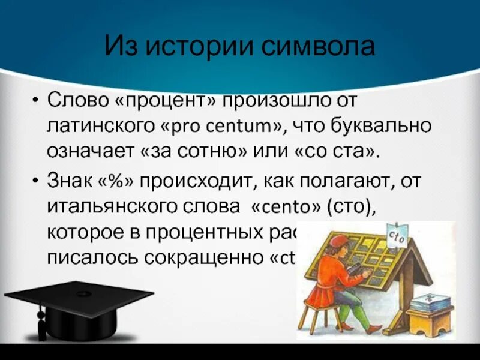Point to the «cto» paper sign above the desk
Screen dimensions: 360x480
point(398,236)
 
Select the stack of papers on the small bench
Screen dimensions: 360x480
point(431,301)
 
